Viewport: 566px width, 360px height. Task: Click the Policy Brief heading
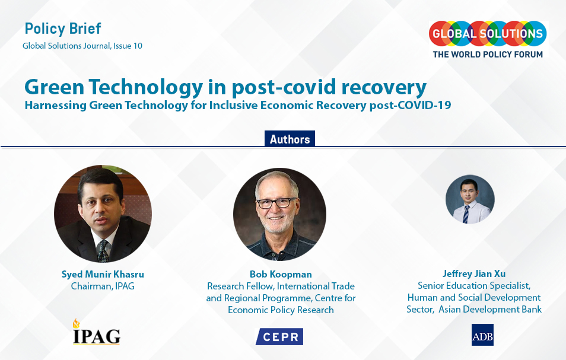pyautogui.click(x=63, y=28)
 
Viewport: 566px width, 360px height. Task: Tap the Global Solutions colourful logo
pyautogui.click(x=488, y=34)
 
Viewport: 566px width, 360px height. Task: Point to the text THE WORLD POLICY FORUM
pyautogui.click(x=488, y=55)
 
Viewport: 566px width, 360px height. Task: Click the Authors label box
pyautogui.click(x=290, y=139)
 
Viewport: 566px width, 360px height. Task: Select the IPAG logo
pyautogui.click(x=96, y=332)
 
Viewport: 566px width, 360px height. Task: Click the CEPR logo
pyautogui.click(x=279, y=336)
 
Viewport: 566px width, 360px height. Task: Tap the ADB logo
pyautogui.click(x=482, y=334)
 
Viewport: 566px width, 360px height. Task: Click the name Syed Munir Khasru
pyautogui.click(x=103, y=274)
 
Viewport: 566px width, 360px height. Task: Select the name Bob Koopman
pyautogui.click(x=281, y=274)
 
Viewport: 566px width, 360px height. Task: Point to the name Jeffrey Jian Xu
pyautogui.click(x=474, y=273)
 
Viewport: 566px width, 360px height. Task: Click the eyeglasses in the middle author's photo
pyautogui.click(x=276, y=203)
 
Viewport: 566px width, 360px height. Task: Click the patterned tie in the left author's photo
pyautogui.click(x=103, y=251)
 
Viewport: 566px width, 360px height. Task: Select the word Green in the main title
pyautogui.click(x=55, y=87)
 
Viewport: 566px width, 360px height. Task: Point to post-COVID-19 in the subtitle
pyautogui.click(x=410, y=105)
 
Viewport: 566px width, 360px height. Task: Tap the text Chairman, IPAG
pyautogui.click(x=103, y=286)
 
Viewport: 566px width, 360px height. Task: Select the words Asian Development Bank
pyautogui.click(x=490, y=309)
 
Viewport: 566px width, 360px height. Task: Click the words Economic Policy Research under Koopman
pyautogui.click(x=281, y=310)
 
